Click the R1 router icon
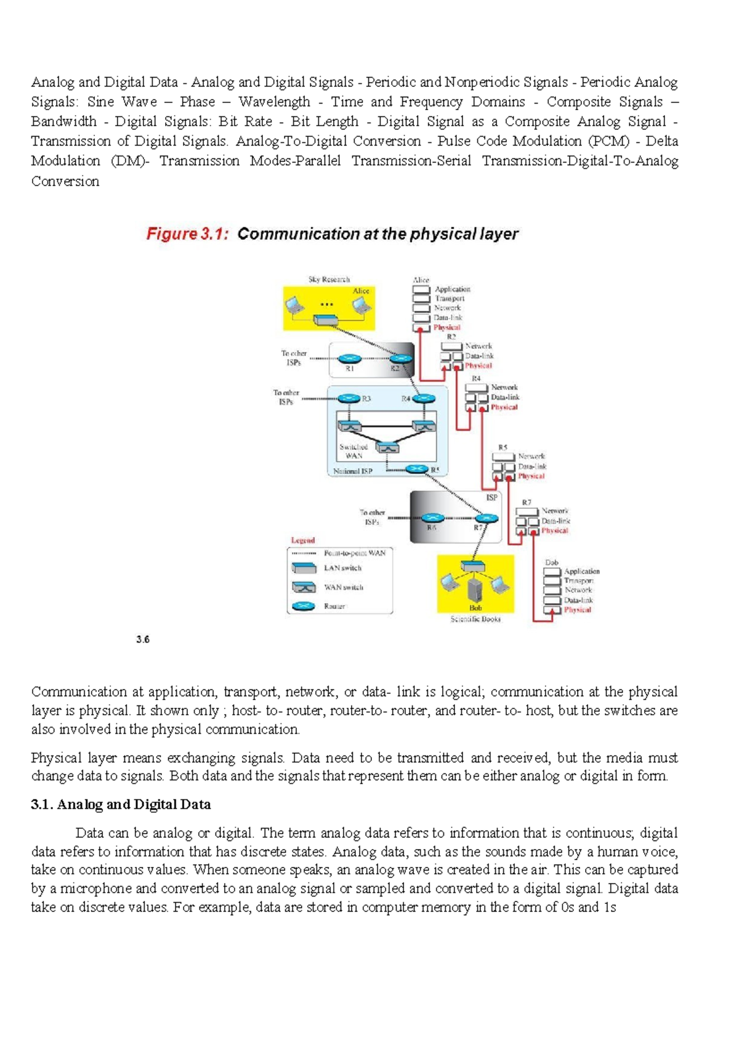pyautogui.click(x=349, y=359)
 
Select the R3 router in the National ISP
pyautogui.click(x=349, y=399)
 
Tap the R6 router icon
pyautogui.click(x=432, y=518)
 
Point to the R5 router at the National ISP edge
pyautogui.click(x=417, y=470)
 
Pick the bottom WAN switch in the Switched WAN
pyautogui.click(x=387, y=448)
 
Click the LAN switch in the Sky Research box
pyautogui.click(x=325, y=320)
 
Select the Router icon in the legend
pyautogui.click(x=304, y=606)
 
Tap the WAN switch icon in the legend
pyautogui.click(x=304, y=587)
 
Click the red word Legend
pyautogui.click(x=302, y=540)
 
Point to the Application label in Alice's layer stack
pyautogui.click(x=453, y=289)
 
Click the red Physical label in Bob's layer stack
pyautogui.click(x=577, y=610)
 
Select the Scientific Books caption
pyautogui.click(x=475, y=619)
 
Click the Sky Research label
pyautogui.click(x=329, y=279)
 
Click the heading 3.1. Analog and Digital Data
pyautogui.click(x=121, y=804)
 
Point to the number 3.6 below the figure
pyautogui.click(x=143, y=640)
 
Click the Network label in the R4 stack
pyautogui.click(x=504, y=388)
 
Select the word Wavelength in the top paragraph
pyautogui.click(x=274, y=102)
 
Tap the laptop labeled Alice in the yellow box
pyautogui.click(x=361, y=304)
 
